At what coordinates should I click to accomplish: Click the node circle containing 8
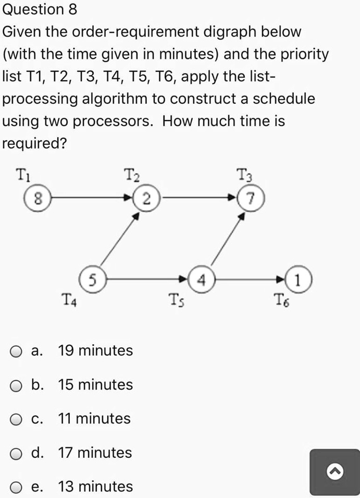point(36,198)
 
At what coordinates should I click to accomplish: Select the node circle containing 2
point(147,198)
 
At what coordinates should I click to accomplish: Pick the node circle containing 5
point(92,279)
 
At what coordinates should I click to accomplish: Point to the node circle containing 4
point(201,279)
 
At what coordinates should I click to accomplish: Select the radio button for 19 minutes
point(17,351)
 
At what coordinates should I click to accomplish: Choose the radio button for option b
point(17,385)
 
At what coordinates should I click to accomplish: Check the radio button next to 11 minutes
point(17,419)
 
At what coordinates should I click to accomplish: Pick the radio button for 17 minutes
point(17,453)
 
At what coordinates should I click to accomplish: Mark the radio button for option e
point(17,488)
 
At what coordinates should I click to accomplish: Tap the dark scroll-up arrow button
point(334,472)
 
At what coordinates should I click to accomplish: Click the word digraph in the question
point(225,32)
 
